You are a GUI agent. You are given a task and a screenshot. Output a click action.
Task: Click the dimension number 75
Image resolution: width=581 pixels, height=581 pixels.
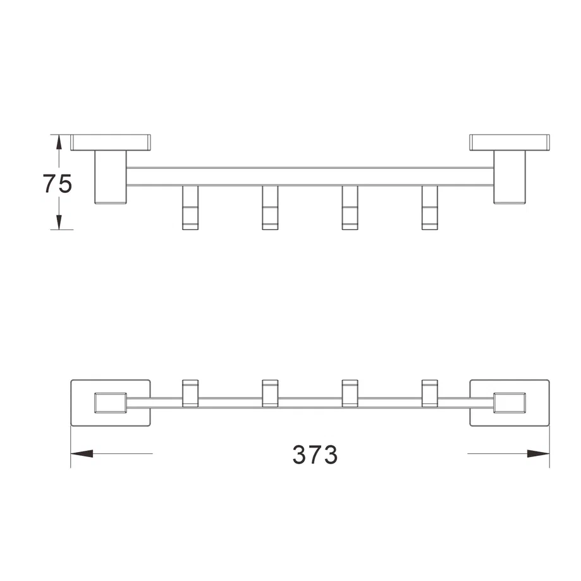coord(58,183)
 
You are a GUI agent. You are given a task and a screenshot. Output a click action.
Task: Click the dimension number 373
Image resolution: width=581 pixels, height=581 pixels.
coord(315,455)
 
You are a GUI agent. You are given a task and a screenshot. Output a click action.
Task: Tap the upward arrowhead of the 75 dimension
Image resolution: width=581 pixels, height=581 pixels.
coord(59,142)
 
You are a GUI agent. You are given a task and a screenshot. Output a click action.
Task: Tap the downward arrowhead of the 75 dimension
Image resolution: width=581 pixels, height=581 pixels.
coord(59,223)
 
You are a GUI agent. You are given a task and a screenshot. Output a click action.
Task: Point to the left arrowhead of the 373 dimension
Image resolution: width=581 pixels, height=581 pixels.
coord(82,453)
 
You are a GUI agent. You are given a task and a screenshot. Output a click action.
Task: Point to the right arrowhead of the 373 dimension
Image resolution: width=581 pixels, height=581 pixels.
coord(539,453)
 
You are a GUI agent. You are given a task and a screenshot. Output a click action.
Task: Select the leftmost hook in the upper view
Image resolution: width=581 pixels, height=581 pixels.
coord(190,207)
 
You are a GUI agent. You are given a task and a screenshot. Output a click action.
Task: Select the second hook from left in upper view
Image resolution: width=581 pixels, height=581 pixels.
coord(270,207)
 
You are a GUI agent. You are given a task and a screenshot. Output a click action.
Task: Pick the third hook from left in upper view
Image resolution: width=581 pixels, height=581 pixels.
coord(350,207)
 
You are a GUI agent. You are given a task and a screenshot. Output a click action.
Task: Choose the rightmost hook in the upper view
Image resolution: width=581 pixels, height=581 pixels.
coord(430,207)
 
